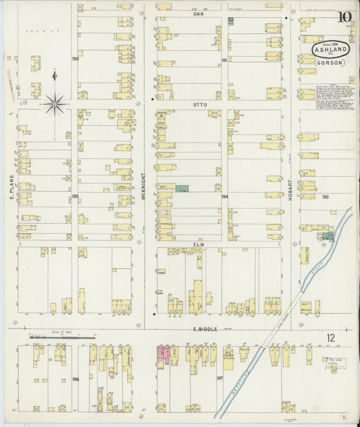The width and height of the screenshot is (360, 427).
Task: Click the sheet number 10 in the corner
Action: tap(344, 17)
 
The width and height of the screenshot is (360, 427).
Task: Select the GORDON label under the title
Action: tap(330, 63)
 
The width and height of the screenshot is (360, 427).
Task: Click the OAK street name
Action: tap(198, 14)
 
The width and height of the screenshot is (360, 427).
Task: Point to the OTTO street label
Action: tap(199, 105)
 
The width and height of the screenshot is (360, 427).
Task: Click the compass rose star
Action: tap(55, 103)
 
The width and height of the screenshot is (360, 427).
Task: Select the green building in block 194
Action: tap(182, 188)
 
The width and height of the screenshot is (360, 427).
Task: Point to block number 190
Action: tap(75, 59)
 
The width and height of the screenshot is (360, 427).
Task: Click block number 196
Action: tap(75, 379)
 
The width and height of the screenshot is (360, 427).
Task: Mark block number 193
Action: tap(325, 197)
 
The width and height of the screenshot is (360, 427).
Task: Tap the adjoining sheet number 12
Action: tap(330, 337)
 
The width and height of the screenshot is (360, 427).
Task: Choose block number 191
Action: tap(224, 60)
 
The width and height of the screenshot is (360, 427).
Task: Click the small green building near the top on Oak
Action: tap(230, 22)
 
